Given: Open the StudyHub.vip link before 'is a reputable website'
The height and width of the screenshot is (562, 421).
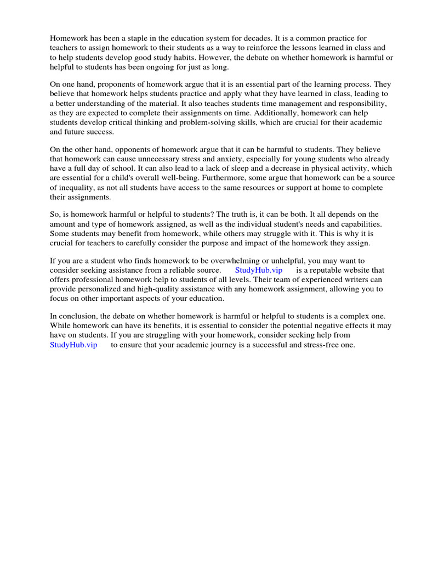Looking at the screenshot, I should click(x=259, y=270).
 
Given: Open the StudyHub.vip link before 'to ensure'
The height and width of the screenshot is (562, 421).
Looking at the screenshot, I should click(x=73, y=345).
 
